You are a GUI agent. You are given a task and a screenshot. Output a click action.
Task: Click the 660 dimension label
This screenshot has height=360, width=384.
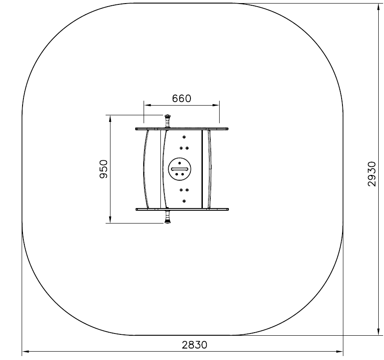182,99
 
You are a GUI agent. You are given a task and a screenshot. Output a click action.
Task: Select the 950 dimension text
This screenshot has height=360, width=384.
104,169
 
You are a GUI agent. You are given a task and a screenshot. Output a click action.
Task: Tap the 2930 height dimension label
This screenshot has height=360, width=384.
372,174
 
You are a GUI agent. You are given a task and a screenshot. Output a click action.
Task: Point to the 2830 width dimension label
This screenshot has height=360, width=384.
194,345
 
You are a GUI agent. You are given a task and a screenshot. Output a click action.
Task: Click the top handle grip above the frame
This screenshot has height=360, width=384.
167,121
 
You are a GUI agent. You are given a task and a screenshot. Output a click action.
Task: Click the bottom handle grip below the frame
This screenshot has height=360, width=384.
167,217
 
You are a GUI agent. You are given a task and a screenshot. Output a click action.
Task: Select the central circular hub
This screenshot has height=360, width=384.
180,169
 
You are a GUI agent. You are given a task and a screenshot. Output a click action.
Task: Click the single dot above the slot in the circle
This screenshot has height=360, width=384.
179,163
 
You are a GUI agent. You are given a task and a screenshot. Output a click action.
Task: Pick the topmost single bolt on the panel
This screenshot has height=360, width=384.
184,137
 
